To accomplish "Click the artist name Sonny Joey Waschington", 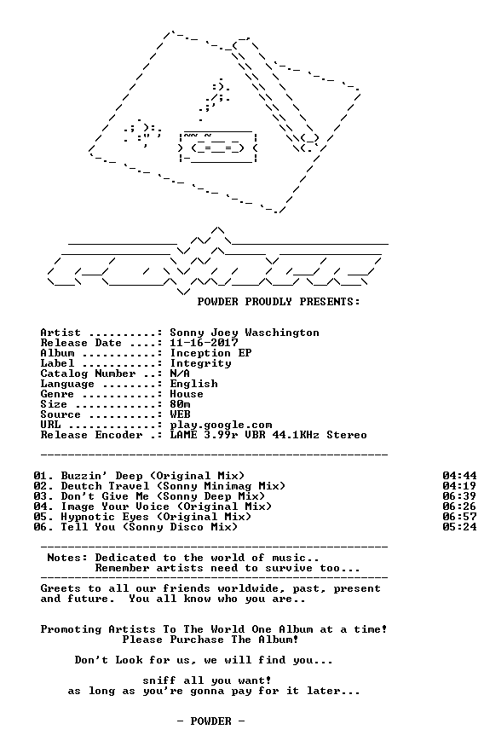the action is tap(245, 333).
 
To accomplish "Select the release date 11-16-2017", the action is tap(204, 343).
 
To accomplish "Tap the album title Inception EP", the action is tap(210, 354).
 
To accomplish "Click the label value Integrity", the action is tap(201, 363).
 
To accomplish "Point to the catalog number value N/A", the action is tap(180, 373).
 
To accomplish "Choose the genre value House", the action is tap(187, 394).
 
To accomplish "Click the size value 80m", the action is tap(180, 404).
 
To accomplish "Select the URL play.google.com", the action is tap(221, 425).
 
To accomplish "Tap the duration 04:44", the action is tap(459, 476).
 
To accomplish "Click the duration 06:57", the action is tap(459, 517).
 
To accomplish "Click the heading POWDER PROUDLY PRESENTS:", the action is tap(279, 302).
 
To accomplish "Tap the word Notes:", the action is tap(67, 558).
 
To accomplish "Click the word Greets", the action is tap(60, 588).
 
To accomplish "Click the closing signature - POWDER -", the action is tap(210, 721).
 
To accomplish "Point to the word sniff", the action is tap(159, 680).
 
